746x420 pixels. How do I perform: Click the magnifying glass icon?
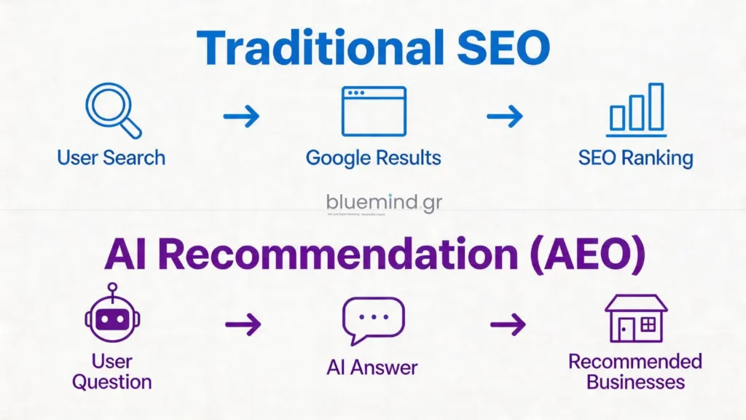point(113,112)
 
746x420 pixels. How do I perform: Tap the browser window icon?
point(373,111)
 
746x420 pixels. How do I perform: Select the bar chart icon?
point(636,110)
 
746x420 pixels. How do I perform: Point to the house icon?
point(635,319)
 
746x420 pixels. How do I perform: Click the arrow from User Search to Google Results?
point(241,114)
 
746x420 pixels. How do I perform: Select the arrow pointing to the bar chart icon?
point(505,114)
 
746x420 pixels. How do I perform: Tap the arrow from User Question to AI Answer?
point(243,325)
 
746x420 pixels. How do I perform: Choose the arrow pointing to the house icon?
point(508,325)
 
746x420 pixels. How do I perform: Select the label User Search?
point(111,158)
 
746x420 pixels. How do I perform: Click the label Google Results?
point(373,158)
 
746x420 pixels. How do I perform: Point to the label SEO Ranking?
point(635,158)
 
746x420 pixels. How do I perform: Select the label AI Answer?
point(372,367)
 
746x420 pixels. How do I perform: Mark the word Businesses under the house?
point(635,382)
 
